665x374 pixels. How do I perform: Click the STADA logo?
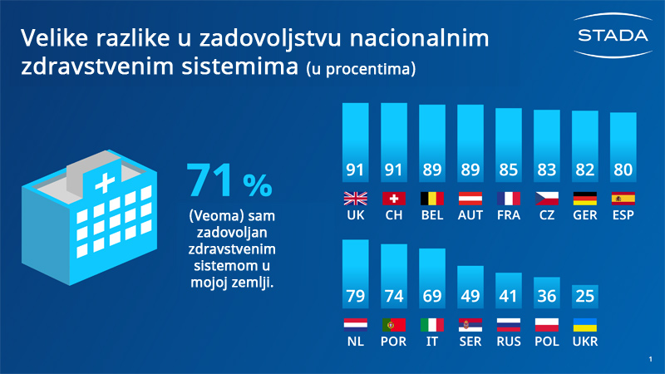[613, 35]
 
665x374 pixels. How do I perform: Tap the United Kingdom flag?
[356, 199]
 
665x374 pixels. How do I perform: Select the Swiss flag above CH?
[393, 199]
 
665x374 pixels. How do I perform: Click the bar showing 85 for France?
[509, 145]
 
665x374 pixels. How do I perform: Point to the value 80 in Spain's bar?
[623, 170]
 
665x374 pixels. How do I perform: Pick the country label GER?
[585, 215]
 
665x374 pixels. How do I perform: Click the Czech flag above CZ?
[547, 199]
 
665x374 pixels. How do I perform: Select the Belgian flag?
[432, 199]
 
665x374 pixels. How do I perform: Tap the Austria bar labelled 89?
[470, 143]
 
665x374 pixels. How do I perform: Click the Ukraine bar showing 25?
[585, 297]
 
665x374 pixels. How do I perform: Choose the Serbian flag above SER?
[470, 325]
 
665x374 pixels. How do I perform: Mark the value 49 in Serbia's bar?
[470, 296]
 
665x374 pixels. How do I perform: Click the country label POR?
[393, 342]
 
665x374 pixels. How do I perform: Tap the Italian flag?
[432, 325]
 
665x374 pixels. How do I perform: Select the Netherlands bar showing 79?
[356, 274]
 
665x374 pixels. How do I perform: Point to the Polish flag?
[547, 325]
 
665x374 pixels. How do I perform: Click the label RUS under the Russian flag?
[509, 342]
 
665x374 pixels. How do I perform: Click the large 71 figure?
[209, 180]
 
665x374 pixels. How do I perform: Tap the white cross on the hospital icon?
[106, 183]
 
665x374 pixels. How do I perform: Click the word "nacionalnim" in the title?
[420, 37]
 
